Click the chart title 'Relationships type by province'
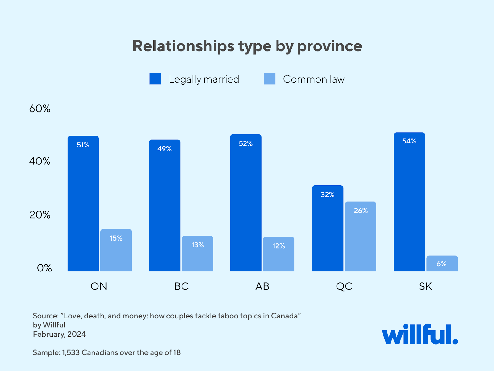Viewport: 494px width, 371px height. pos(247,46)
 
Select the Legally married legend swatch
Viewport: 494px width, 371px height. pos(155,79)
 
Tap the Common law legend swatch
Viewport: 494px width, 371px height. pos(270,79)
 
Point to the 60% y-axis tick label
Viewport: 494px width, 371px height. pos(40,109)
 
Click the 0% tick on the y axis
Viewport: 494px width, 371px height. pos(44,268)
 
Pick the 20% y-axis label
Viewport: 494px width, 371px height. pos(40,215)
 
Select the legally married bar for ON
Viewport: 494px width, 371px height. pos(83,204)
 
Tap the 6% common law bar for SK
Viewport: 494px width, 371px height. pos(442,264)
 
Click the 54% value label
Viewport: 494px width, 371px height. pos(409,141)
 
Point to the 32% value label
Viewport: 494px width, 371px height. pos(328,195)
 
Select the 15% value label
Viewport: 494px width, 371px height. pos(116,238)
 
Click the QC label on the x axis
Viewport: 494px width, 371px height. pos(344,286)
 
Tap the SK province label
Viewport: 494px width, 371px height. pos(425,286)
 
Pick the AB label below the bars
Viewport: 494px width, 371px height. pos(262,286)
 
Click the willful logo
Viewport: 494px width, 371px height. pos(420,334)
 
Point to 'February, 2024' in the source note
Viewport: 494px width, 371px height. pos(59,334)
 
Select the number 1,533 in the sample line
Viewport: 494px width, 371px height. pos(71,353)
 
